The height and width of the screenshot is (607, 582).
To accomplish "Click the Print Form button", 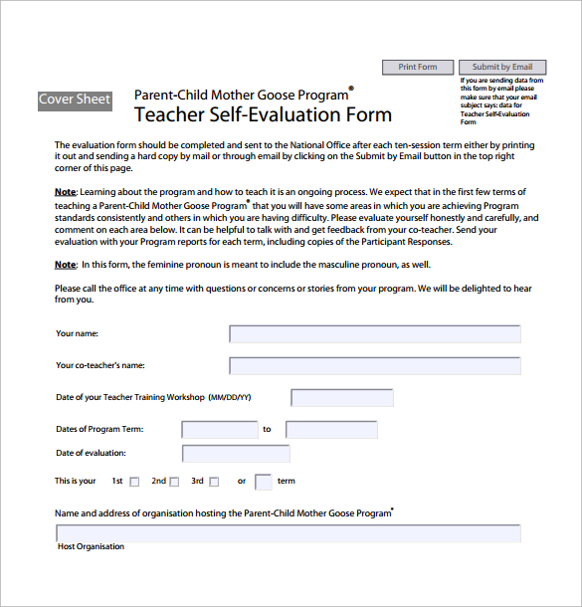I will coord(418,68).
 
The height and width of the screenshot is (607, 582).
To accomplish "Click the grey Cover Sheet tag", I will coord(75,100).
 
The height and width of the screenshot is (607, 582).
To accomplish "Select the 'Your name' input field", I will coord(374,334).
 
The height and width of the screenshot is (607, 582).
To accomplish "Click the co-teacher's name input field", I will coord(374,365).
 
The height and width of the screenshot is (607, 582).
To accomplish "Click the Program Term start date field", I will coord(220,430).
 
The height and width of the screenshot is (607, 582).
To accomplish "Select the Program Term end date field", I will coord(331,430).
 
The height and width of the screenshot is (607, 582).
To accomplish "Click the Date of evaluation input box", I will coord(237,454).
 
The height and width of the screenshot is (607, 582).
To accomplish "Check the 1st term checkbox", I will coord(135,482).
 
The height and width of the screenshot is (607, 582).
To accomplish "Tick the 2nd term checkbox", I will coord(174,482).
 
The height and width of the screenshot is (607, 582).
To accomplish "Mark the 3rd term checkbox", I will coord(213,482).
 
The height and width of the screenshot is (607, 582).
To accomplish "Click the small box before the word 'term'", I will coord(264,482).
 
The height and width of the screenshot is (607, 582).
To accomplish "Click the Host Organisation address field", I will coord(289,533).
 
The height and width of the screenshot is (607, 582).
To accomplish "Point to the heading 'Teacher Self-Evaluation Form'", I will coord(263,114).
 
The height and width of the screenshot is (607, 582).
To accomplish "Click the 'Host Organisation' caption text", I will coord(92,546).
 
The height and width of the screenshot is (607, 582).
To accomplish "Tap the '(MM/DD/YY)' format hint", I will coord(230,398).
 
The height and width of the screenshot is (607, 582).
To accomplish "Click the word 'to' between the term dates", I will coord(267,430).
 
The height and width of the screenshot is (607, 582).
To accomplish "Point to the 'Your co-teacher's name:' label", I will coord(100,366).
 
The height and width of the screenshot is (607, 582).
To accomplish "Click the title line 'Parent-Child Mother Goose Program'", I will coord(242,96).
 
